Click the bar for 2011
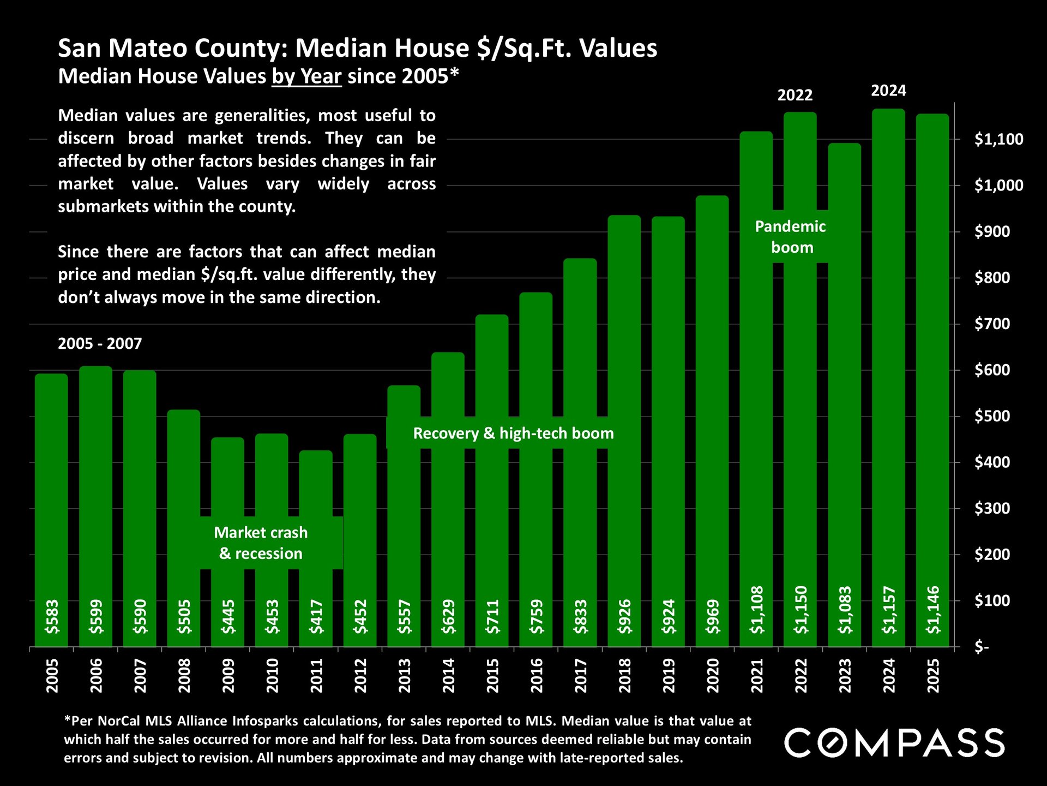click(x=316, y=524)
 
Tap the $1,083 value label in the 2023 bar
click(x=845, y=610)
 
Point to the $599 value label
click(x=96, y=616)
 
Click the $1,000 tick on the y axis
click(x=998, y=186)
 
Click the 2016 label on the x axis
click(x=537, y=676)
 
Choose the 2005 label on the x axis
click(x=52, y=676)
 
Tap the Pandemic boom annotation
click(x=791, y=237)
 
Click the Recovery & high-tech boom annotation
click(x=513, y=433)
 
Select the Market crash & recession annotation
click(x=261, y=543)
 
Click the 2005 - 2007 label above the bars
click(x=100, y=344)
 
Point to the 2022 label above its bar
click(x=795, y=96)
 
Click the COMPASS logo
click(x=894, y=743)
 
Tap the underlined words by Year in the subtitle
click(x=307, y=76)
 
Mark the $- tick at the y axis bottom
click(x=982, y=647)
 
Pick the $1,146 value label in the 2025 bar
click(x=933, y=610)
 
